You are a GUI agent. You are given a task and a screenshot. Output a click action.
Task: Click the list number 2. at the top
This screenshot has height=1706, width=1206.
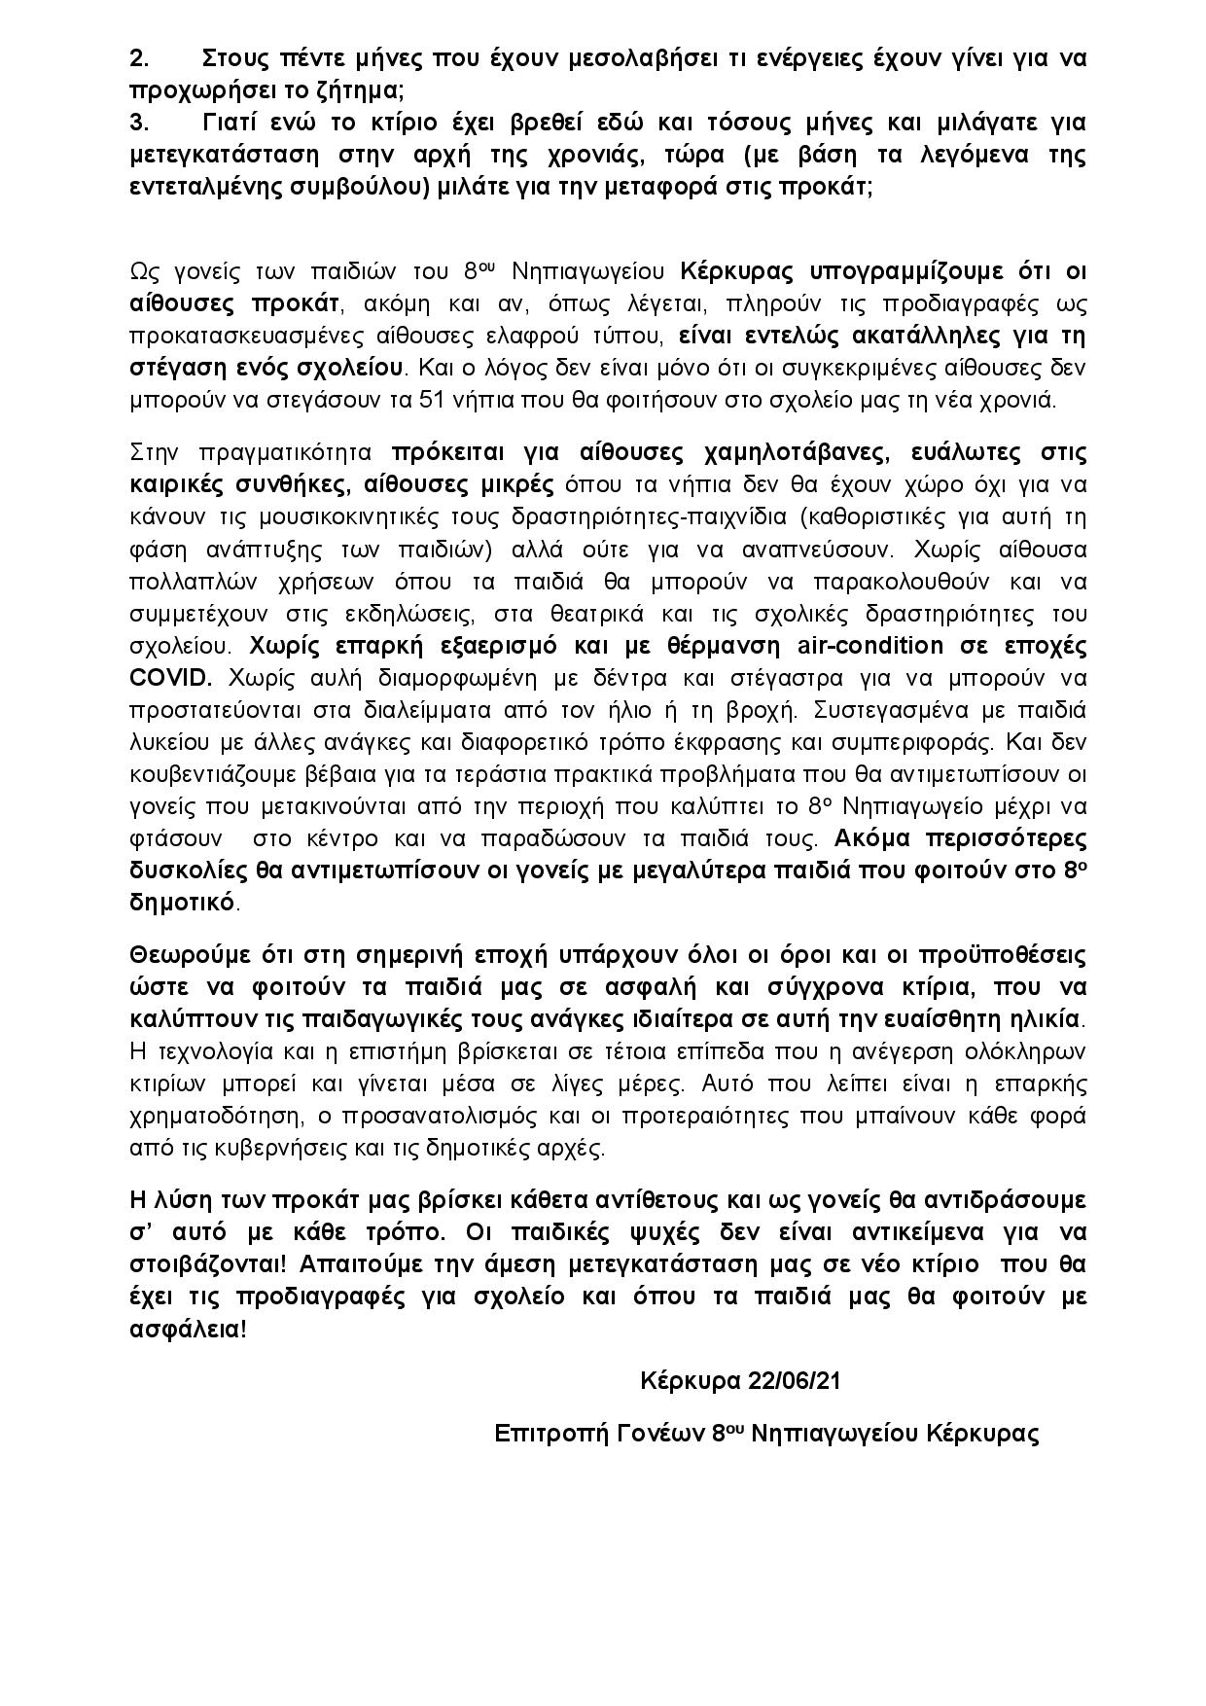[x=139, y=58]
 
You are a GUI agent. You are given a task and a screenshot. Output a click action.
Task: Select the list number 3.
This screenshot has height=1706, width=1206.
[x=139, y=124]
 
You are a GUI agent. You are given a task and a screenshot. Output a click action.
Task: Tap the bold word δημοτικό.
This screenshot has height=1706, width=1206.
[x=183, y=903]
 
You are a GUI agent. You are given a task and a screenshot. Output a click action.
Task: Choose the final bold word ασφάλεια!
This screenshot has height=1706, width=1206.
[x=188, y=1330]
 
